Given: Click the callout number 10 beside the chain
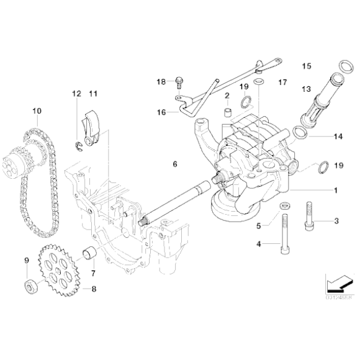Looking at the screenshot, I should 37,112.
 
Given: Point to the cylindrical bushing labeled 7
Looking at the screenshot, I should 89,254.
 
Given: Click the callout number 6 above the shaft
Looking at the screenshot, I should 175,164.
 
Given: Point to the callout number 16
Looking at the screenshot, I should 161,112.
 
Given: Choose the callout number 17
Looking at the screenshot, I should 282,82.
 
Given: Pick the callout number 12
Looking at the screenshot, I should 76,94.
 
